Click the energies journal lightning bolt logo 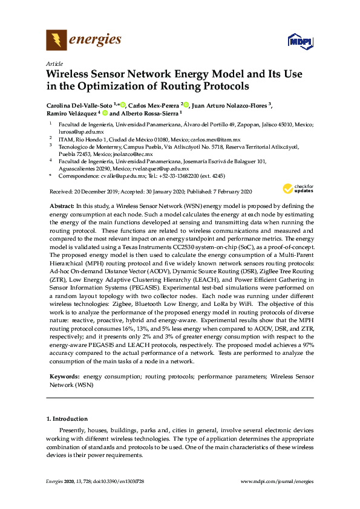pos(56,41)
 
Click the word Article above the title pos(53,63)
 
